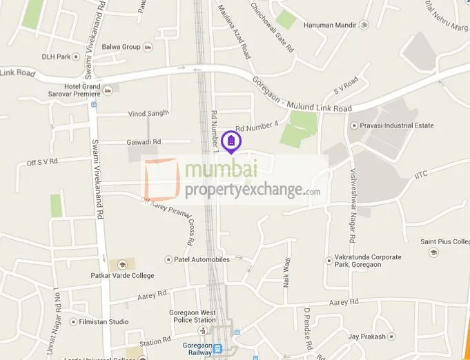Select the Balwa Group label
click(x=121, y=47)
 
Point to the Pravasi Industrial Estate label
click(x=395, y=126)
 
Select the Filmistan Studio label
click(x=104, y=321)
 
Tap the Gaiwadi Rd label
click(x=144, y=141)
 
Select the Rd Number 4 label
click(x=256, y=127)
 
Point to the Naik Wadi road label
click(x=285, y=273)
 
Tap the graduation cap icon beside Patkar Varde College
click(x=121, y=265)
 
